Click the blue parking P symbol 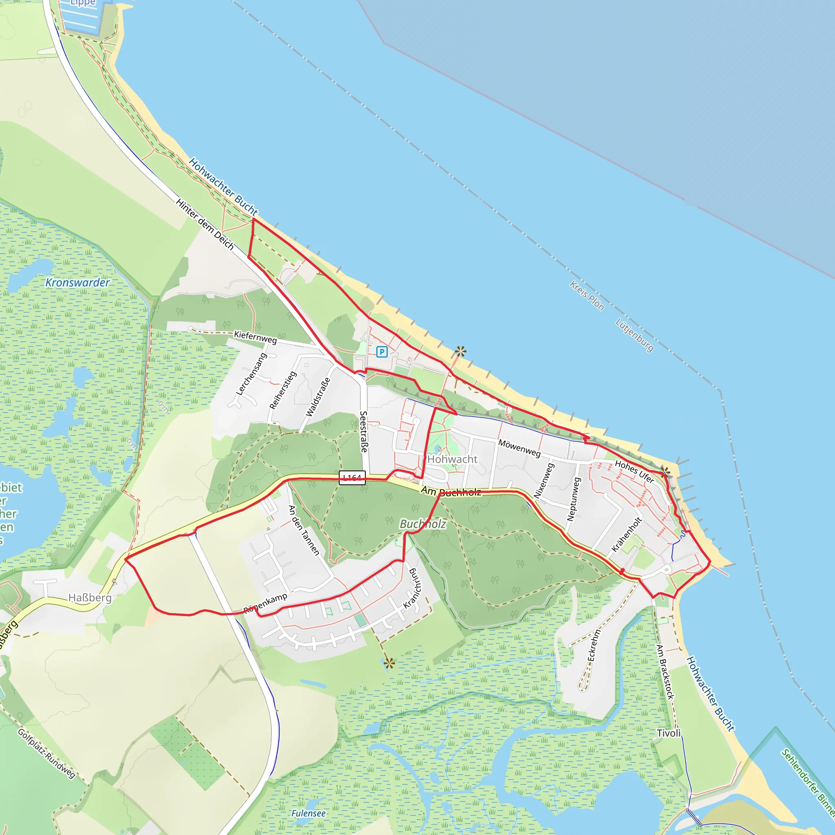382,352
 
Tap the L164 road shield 352,477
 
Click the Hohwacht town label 452,459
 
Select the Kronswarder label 78,283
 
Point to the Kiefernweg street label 255,337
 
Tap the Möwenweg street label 519,448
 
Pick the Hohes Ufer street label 634,471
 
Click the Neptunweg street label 574,499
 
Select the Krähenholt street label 627,534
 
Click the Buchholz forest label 423,524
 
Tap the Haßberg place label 90,598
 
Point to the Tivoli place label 669,733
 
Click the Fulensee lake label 308,813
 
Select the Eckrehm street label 594,645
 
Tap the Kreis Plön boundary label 586,296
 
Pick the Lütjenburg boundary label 634,336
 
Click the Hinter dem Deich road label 205,224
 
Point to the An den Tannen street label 304,530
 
